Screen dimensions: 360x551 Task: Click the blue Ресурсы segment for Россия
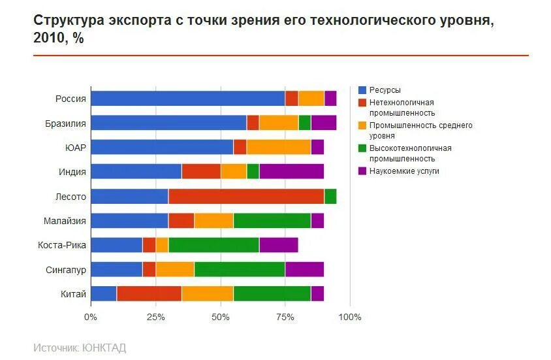pyautogui.click(x=187, y=98)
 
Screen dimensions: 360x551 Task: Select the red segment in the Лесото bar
pyautogui.click(x=246, y=196)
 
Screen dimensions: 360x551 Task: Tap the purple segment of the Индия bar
pyautogui.click(x=291, y=171)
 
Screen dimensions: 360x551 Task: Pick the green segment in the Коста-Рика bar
pyautogui.click(x=213, y=245)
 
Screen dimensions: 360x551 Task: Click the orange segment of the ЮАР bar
pyautogui.click(x=278, y=147)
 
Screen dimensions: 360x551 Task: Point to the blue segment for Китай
pyautogui.click(x=103, y=293)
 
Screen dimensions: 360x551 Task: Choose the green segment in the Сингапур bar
pyautogui.click(x=240, y=269)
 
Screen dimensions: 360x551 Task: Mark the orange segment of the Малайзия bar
pyautogui.click(x=213, y=220)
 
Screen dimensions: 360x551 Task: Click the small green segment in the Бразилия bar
pyautogui.click(x=304, y=123)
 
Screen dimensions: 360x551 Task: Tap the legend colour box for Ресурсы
pyautogui.click(x=362, y=90)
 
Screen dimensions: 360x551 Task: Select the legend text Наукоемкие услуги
pyautogui.click(x=404, y=171)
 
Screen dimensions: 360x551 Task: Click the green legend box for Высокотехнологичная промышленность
pyautogui.click(x=362, y=148)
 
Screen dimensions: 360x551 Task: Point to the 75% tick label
pyautogui.click(x=285, y=318)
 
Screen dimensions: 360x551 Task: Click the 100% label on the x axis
pyautogui.click(x=349, y=318)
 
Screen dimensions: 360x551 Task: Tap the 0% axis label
pyautogui.click(x=90, y=318)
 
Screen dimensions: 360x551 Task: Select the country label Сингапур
pyautogui.click(x=66, y=269)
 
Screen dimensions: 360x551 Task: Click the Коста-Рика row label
pyautogui.click(x=62, y=245)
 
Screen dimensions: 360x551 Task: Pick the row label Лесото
pyautogui.click(x=71, y=196)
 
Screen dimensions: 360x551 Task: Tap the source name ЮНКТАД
pyautogui.click(x=104, y=348)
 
